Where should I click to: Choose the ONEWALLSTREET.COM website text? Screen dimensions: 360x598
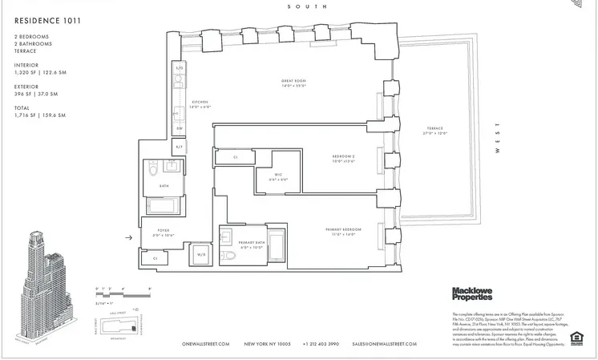coord(206,344)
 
